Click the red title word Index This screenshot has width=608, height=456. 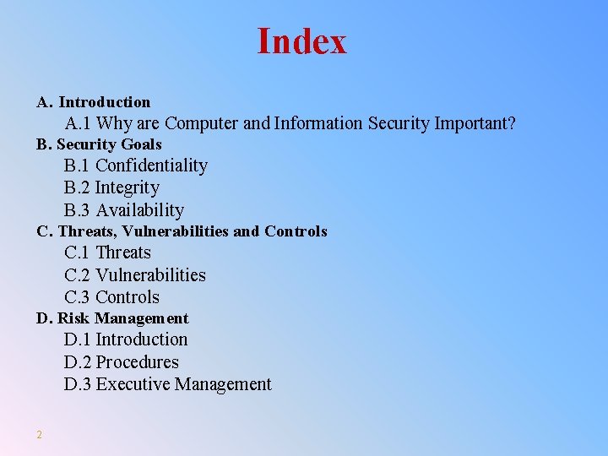[x=301, y=41]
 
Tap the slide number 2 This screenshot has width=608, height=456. [x=39, y=434]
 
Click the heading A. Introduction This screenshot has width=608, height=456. [x=93, y=102]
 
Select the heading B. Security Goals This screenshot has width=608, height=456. [x=99, y=144]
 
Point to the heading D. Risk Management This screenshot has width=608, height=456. [x=112, y=318]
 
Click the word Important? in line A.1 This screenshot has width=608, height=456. [x=475, y=123]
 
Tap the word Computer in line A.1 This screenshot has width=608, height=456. [x=202, y=123]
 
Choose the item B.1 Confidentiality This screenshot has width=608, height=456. [x=136, y=166]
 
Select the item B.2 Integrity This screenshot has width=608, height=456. [x=111, y=187]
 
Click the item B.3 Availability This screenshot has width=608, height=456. [x=124, y=210]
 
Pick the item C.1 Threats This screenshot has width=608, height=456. [x=107, y=252]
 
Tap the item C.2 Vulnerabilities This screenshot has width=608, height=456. [x=135, y=275]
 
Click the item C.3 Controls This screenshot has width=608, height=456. [x=111, y=297]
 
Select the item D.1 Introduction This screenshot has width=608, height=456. [x=126, y=339]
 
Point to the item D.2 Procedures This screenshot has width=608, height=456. [x=122, y=362]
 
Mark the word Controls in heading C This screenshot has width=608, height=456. [x=296, y=231]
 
